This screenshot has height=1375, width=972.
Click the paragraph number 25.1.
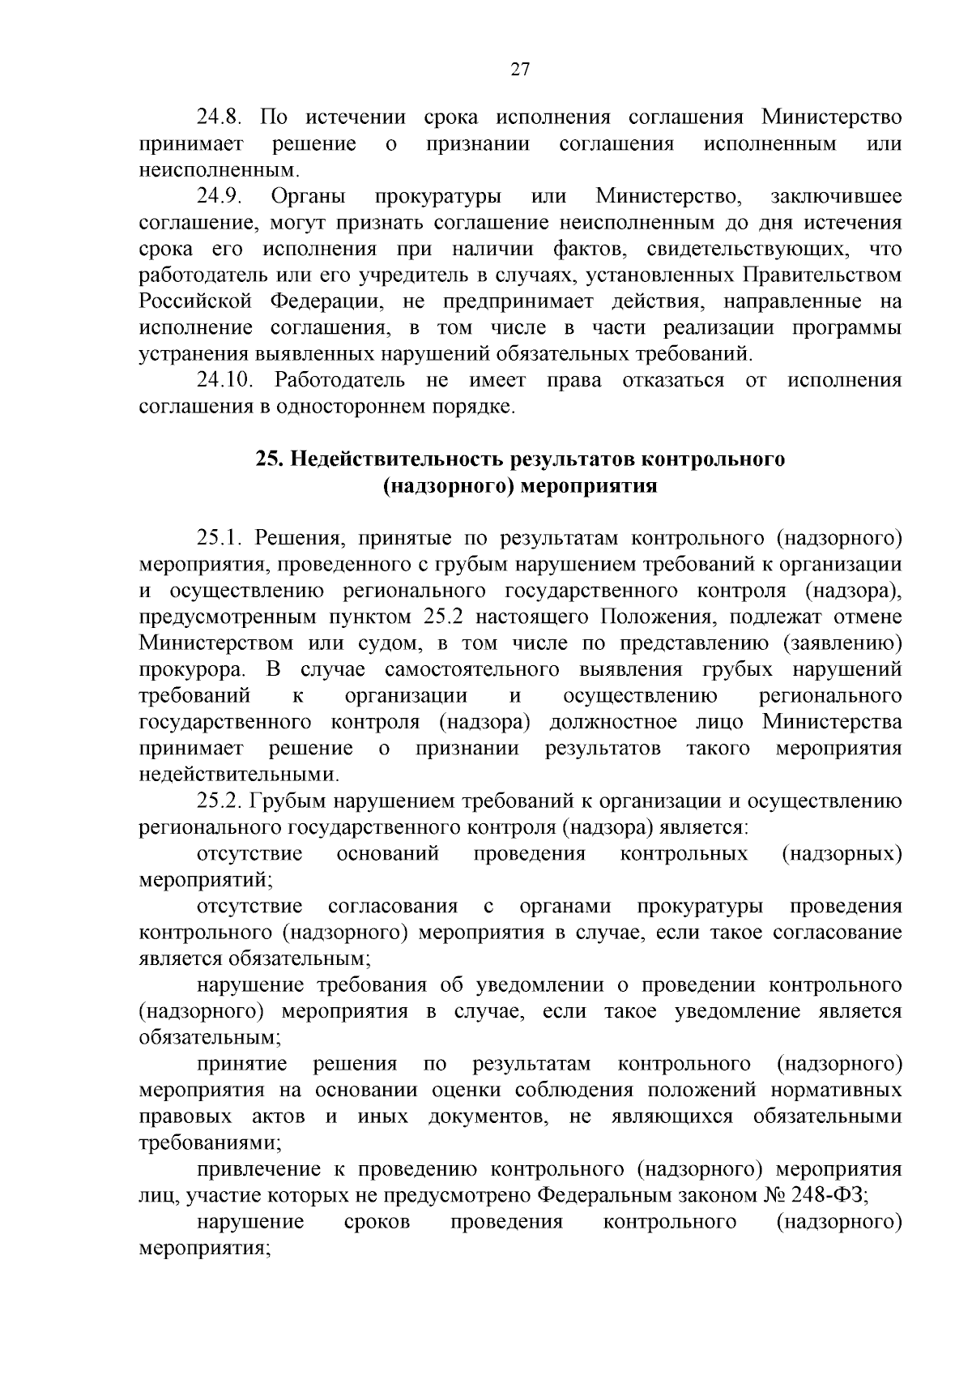point(220,538)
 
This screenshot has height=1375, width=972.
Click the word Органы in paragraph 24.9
point(309,196)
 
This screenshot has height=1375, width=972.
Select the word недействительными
point(238,775)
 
